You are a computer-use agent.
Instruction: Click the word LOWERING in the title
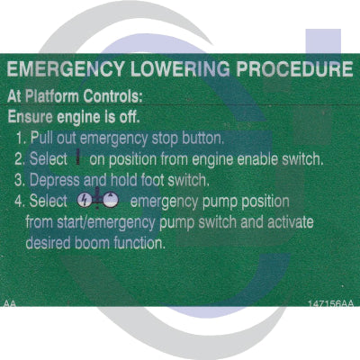(180, 69)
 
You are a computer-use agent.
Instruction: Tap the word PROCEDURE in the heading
(294, 69)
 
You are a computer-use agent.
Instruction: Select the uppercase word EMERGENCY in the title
(66, 69)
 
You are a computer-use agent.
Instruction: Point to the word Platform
(52, 96)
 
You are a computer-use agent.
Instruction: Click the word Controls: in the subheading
(112, 96)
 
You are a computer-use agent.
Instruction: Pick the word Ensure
(30, 117)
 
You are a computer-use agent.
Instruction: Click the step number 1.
(21, 139)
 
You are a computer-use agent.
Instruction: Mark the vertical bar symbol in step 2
(78, 157)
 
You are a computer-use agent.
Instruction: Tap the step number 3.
(19, 180)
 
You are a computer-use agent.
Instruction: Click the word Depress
(55, 181)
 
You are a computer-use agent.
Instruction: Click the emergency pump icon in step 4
(98, 199)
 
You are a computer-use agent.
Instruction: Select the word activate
(291, 222)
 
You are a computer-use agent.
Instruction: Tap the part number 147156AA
(331, 303)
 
